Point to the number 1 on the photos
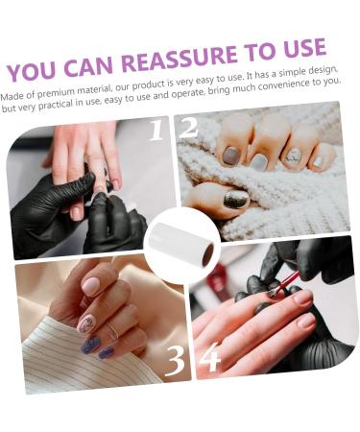(156, 130)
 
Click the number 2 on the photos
(189, 128)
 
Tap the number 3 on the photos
(175, 360)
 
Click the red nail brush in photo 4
(283, 283)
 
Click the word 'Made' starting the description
(13, 95)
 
